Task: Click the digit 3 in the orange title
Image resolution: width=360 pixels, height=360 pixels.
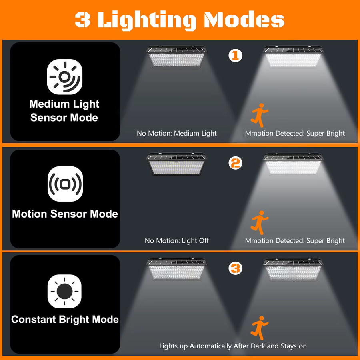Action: point(82,20)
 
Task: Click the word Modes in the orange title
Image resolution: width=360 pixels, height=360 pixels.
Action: point(244,20)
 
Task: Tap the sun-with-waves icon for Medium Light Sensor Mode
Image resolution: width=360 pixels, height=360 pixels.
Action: point(64,77)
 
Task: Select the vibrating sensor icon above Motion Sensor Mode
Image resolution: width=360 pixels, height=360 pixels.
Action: point(65,184)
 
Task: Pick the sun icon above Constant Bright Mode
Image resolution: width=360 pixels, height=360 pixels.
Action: point(64,291)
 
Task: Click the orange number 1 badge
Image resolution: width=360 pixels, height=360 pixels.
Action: point(235,55)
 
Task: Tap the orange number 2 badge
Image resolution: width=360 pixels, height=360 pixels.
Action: point(235,163)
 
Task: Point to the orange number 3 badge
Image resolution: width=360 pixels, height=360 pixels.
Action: point(235,268)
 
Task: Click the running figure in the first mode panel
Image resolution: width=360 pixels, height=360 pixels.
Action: point(260,115)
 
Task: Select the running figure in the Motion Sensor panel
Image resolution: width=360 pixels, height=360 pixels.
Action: point(260,223)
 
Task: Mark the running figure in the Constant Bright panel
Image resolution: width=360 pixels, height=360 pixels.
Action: point(260,328)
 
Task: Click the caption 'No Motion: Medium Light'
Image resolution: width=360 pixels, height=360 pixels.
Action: point(176,133)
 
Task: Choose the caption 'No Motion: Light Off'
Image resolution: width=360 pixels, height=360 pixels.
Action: point(176,241)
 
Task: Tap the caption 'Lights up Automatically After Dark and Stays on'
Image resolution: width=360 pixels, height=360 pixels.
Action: point(233,346)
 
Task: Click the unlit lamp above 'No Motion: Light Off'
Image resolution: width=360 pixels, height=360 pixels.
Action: point(176,164)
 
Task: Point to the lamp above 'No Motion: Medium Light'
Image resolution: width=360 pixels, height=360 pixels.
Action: point(176,56)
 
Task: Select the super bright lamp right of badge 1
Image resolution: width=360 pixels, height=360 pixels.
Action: point(293,56)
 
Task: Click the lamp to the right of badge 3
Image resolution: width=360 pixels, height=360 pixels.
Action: point(293,269)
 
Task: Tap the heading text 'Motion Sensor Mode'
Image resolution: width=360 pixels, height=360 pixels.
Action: point(65,214)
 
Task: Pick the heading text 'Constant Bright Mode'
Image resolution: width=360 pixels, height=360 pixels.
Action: point(65,319)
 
